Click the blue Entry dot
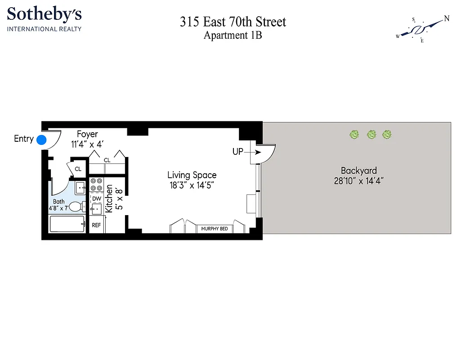coord(41,139)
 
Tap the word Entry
coord(23,139)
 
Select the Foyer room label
coord(87,135)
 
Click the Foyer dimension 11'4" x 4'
coord(87,145)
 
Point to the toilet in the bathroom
coord(77,207)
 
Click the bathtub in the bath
coord(67,224)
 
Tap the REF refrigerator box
coord(96,225)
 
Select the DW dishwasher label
coord(97,198)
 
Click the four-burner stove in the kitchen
coord(96,184)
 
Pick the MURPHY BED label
coord(215,229)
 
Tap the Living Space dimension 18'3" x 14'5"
coord(192,185)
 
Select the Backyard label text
coord(358,171)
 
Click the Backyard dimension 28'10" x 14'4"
coord(358,181)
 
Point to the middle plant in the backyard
coord(371,134)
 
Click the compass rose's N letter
coord(446,18)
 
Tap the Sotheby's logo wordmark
coord(44,15)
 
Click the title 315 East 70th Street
coord(233,22)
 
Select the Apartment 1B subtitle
coord(233,36)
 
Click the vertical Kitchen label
coord(109,198)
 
